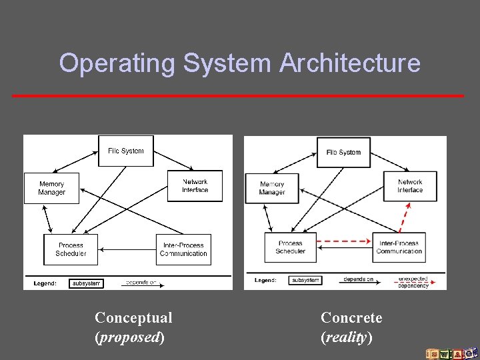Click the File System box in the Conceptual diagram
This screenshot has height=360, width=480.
pos(126,151)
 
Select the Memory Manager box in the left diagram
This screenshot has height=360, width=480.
pos(51,188)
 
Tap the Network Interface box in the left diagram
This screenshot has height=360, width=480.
pos(195,186)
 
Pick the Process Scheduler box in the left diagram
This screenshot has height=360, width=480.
pos(71,249)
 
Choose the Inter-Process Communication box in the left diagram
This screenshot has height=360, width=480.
pos(183,249)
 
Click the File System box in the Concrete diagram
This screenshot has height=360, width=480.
pos(343,153)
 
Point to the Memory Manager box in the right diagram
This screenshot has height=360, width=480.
pos(272,189)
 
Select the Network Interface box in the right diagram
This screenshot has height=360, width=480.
pos(410,186)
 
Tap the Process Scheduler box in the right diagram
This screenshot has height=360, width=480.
pos(290,247)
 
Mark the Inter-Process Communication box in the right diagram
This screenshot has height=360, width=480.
pos(399,247)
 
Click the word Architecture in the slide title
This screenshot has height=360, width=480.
pos(349,63)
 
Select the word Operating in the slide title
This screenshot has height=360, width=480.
pos(117,63)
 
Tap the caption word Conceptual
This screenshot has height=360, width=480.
pos(133,317)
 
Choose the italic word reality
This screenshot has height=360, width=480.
pos(347,337)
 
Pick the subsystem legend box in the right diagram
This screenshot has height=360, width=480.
pos(305,281)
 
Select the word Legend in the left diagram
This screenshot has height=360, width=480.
pos(45,283)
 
